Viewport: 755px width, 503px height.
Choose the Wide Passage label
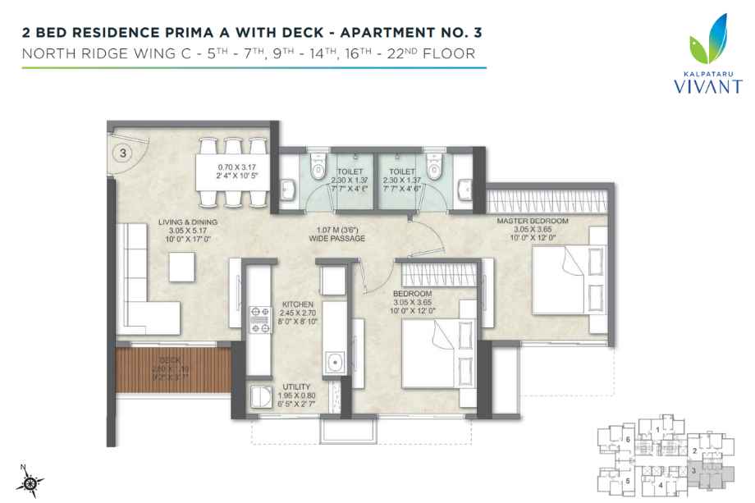[x=337, y=234]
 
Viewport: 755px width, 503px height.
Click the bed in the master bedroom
[x=561, y=277]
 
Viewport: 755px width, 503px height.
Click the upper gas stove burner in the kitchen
[x=264, y=312]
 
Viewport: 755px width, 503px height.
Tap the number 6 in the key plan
[x=627, y=441]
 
